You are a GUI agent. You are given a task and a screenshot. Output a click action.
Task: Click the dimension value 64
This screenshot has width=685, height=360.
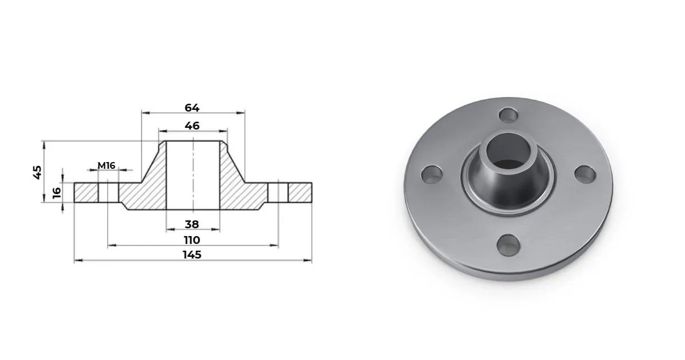click(x=192, y=108)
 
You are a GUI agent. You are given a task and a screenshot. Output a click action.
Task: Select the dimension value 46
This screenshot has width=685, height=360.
click(x=192, y=126)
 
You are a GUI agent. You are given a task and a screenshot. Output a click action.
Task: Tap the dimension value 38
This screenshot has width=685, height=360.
click(x=192, y=224)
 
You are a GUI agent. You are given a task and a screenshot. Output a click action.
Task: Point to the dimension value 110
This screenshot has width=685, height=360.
click(x=192, y=240)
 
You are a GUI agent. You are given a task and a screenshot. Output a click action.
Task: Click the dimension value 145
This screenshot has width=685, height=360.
click(x=192, y=255)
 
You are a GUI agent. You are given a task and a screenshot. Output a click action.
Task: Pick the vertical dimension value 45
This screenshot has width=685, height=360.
click(x=38, y=172)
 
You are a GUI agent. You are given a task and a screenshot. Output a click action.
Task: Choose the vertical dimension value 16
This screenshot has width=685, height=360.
click(x=57, y=193)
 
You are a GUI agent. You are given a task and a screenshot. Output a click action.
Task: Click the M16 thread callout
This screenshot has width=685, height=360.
click(x=107, y=165)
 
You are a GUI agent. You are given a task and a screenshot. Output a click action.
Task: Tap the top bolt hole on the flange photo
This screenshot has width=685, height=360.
click(x=508, y=116)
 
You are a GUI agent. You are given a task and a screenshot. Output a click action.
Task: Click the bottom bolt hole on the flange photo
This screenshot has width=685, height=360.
click(x=508, y=245)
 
